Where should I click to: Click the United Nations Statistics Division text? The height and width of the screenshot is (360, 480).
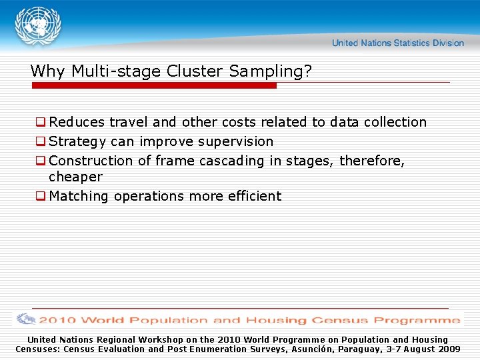tap(397, 43)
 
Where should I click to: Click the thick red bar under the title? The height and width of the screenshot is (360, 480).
tap(153, 86)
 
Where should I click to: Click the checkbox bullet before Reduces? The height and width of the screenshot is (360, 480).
tap(41, 123)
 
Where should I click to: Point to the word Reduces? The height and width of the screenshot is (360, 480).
tap(77, 123)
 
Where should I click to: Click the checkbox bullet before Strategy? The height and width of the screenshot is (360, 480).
tap(41, 142)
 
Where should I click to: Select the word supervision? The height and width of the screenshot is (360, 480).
tap(237, 142)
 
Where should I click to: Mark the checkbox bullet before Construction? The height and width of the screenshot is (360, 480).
tap(41, 161)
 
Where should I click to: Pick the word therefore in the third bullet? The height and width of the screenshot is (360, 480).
tap(370, 161)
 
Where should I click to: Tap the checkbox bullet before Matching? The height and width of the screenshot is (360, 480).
tap(41, 197)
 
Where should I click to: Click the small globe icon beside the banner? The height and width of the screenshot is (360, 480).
tap(27, 319)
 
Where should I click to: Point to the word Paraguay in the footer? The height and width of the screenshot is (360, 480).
tap(363, 349)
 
